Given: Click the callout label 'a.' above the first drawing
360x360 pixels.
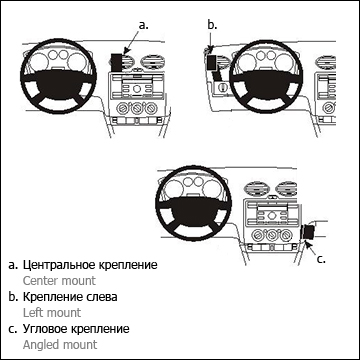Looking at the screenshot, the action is (x=143, y=25).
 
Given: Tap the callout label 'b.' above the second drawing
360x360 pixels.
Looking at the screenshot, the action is (x=212, y=25).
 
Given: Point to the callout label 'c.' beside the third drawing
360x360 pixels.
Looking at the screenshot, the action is (x=320, y=259).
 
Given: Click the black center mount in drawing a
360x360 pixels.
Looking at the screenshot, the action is (x=116, y=62).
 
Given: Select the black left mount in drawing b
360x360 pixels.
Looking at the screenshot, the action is (x=212, y=63).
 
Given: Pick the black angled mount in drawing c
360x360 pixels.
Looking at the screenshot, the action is (x=308, y=232).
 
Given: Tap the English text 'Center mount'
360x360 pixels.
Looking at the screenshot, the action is (x=59, y=281).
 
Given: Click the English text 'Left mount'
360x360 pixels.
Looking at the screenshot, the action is (x=52, y=313).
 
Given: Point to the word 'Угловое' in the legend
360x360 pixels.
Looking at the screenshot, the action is (x=45, y=329).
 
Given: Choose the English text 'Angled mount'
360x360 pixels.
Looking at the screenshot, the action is (x=60, y=345).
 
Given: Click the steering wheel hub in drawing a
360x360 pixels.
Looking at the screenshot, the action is (x=58, y=83).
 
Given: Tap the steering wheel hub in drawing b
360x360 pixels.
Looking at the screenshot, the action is (x=266, y=83).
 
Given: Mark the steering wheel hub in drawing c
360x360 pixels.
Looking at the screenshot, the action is (x=194, y=210).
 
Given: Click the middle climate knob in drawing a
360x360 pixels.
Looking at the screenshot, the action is (x=136, y=108).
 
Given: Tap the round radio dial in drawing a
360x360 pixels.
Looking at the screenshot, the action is (x=136, y=89).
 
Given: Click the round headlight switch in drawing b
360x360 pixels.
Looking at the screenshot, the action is (x=222, y=88).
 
